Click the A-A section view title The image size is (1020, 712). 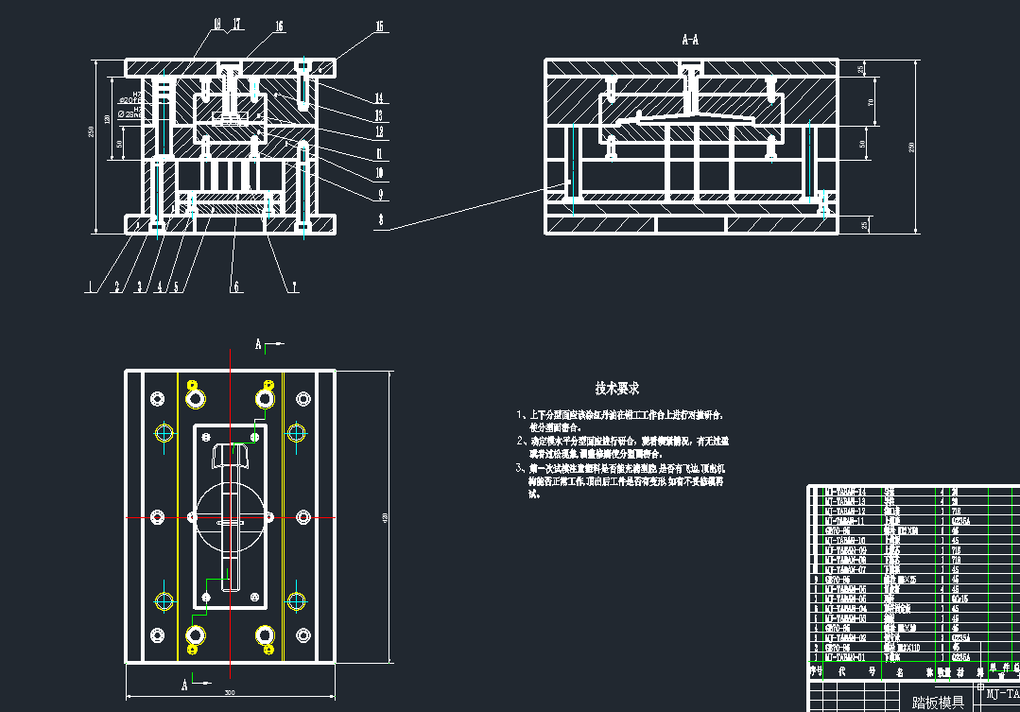(x=690, y=41)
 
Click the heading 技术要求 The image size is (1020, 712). (x=616, y=388)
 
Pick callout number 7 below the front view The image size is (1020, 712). (x=294, y=284)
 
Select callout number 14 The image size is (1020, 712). (x=378, y=98)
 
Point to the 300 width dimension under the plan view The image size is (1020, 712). (x=230, y=692)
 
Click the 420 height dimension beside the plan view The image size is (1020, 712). (x=384, y=516)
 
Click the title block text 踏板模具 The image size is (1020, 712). (x=937, y=702)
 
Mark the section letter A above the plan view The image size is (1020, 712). (x=258, y=345)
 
